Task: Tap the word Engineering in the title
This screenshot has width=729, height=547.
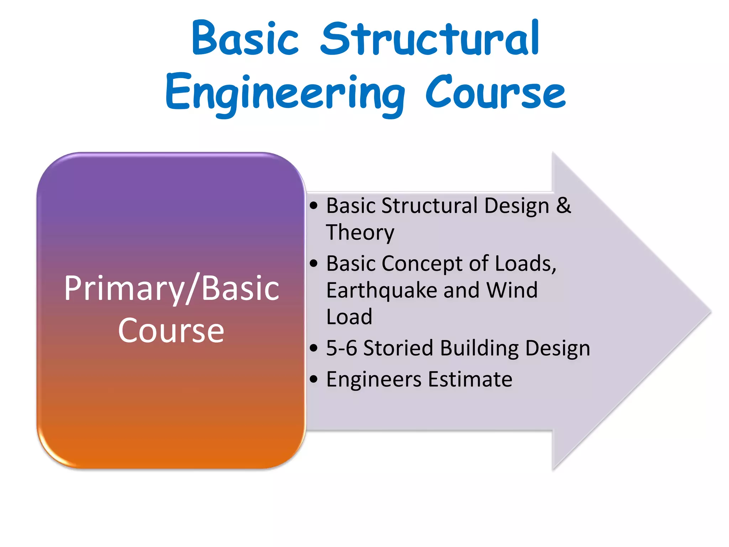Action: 285,93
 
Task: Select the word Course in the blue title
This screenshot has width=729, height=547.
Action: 495,93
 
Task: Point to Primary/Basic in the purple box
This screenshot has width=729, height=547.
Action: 172,288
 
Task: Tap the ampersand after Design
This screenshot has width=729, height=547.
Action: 563,206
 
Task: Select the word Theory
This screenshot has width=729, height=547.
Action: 360,233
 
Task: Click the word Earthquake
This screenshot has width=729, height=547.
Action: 382,290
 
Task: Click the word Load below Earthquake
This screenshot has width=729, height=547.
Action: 349,317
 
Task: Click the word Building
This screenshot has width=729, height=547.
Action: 479,348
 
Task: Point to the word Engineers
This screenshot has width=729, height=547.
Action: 374,379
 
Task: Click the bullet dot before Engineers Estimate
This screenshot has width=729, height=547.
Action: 313,379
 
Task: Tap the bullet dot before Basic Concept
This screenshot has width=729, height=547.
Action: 313,264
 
